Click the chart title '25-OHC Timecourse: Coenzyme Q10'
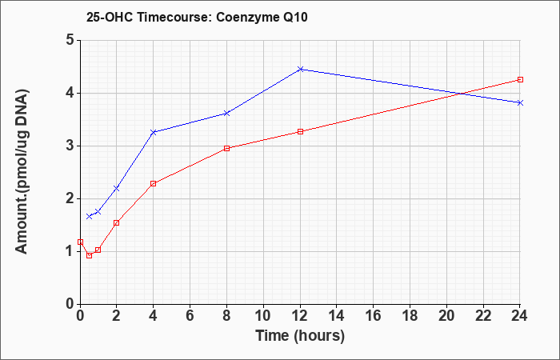(x=197, y=17)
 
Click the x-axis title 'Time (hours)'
(x=300, y=336)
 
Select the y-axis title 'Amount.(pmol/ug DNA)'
(x=22, y=171)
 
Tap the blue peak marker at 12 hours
(x=300, y=69)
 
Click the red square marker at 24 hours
(x=520, y=80)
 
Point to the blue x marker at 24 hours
(x=520, y=103)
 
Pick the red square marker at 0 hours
(x=80, y=242)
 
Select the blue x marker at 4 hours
(x=154, y=132)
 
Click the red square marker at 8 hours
(x=226, y=149)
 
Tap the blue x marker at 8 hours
(x=226, y=114)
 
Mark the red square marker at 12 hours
(x=300, y=131)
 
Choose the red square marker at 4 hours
(x=154, y=183)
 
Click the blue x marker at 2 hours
(x=117, y=188)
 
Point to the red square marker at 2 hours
(x=117, y=223)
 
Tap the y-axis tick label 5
(x=70, y=40)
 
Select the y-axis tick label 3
(x=70, y=146)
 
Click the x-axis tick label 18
(x=410, y=316)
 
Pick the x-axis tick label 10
(x=263, y=316)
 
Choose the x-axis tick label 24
(x=519, y=316)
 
